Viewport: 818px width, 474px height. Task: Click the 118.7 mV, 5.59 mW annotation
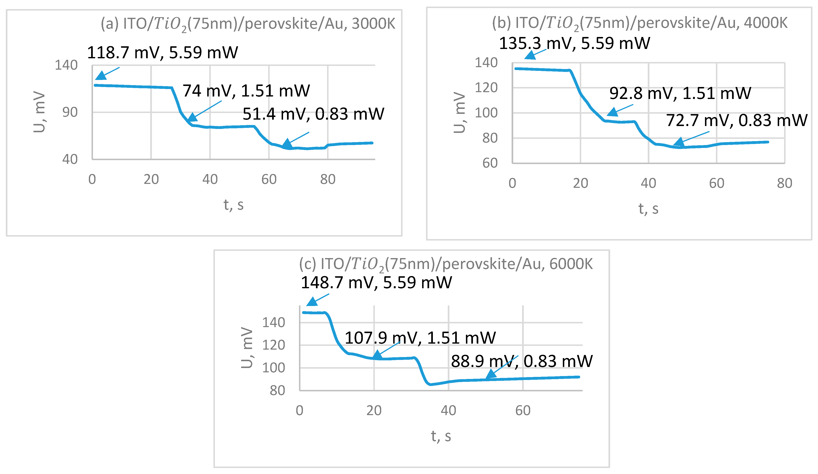click(x=162, y=53)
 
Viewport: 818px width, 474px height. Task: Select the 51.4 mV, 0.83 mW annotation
click(x=313, y=114)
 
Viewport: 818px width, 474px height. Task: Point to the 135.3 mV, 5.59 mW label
click(x=574, y=43)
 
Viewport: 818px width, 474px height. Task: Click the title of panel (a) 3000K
click(x=248, y=24)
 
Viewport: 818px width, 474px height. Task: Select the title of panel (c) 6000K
click(x=446, y=264)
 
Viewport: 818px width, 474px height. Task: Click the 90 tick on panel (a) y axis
click(x=70, y=112)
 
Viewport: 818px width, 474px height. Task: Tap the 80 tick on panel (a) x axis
click(x=327, y=179)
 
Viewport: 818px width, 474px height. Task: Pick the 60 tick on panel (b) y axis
click(x=489, y=163)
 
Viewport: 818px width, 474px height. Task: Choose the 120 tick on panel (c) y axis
click(x=273, y=345)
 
